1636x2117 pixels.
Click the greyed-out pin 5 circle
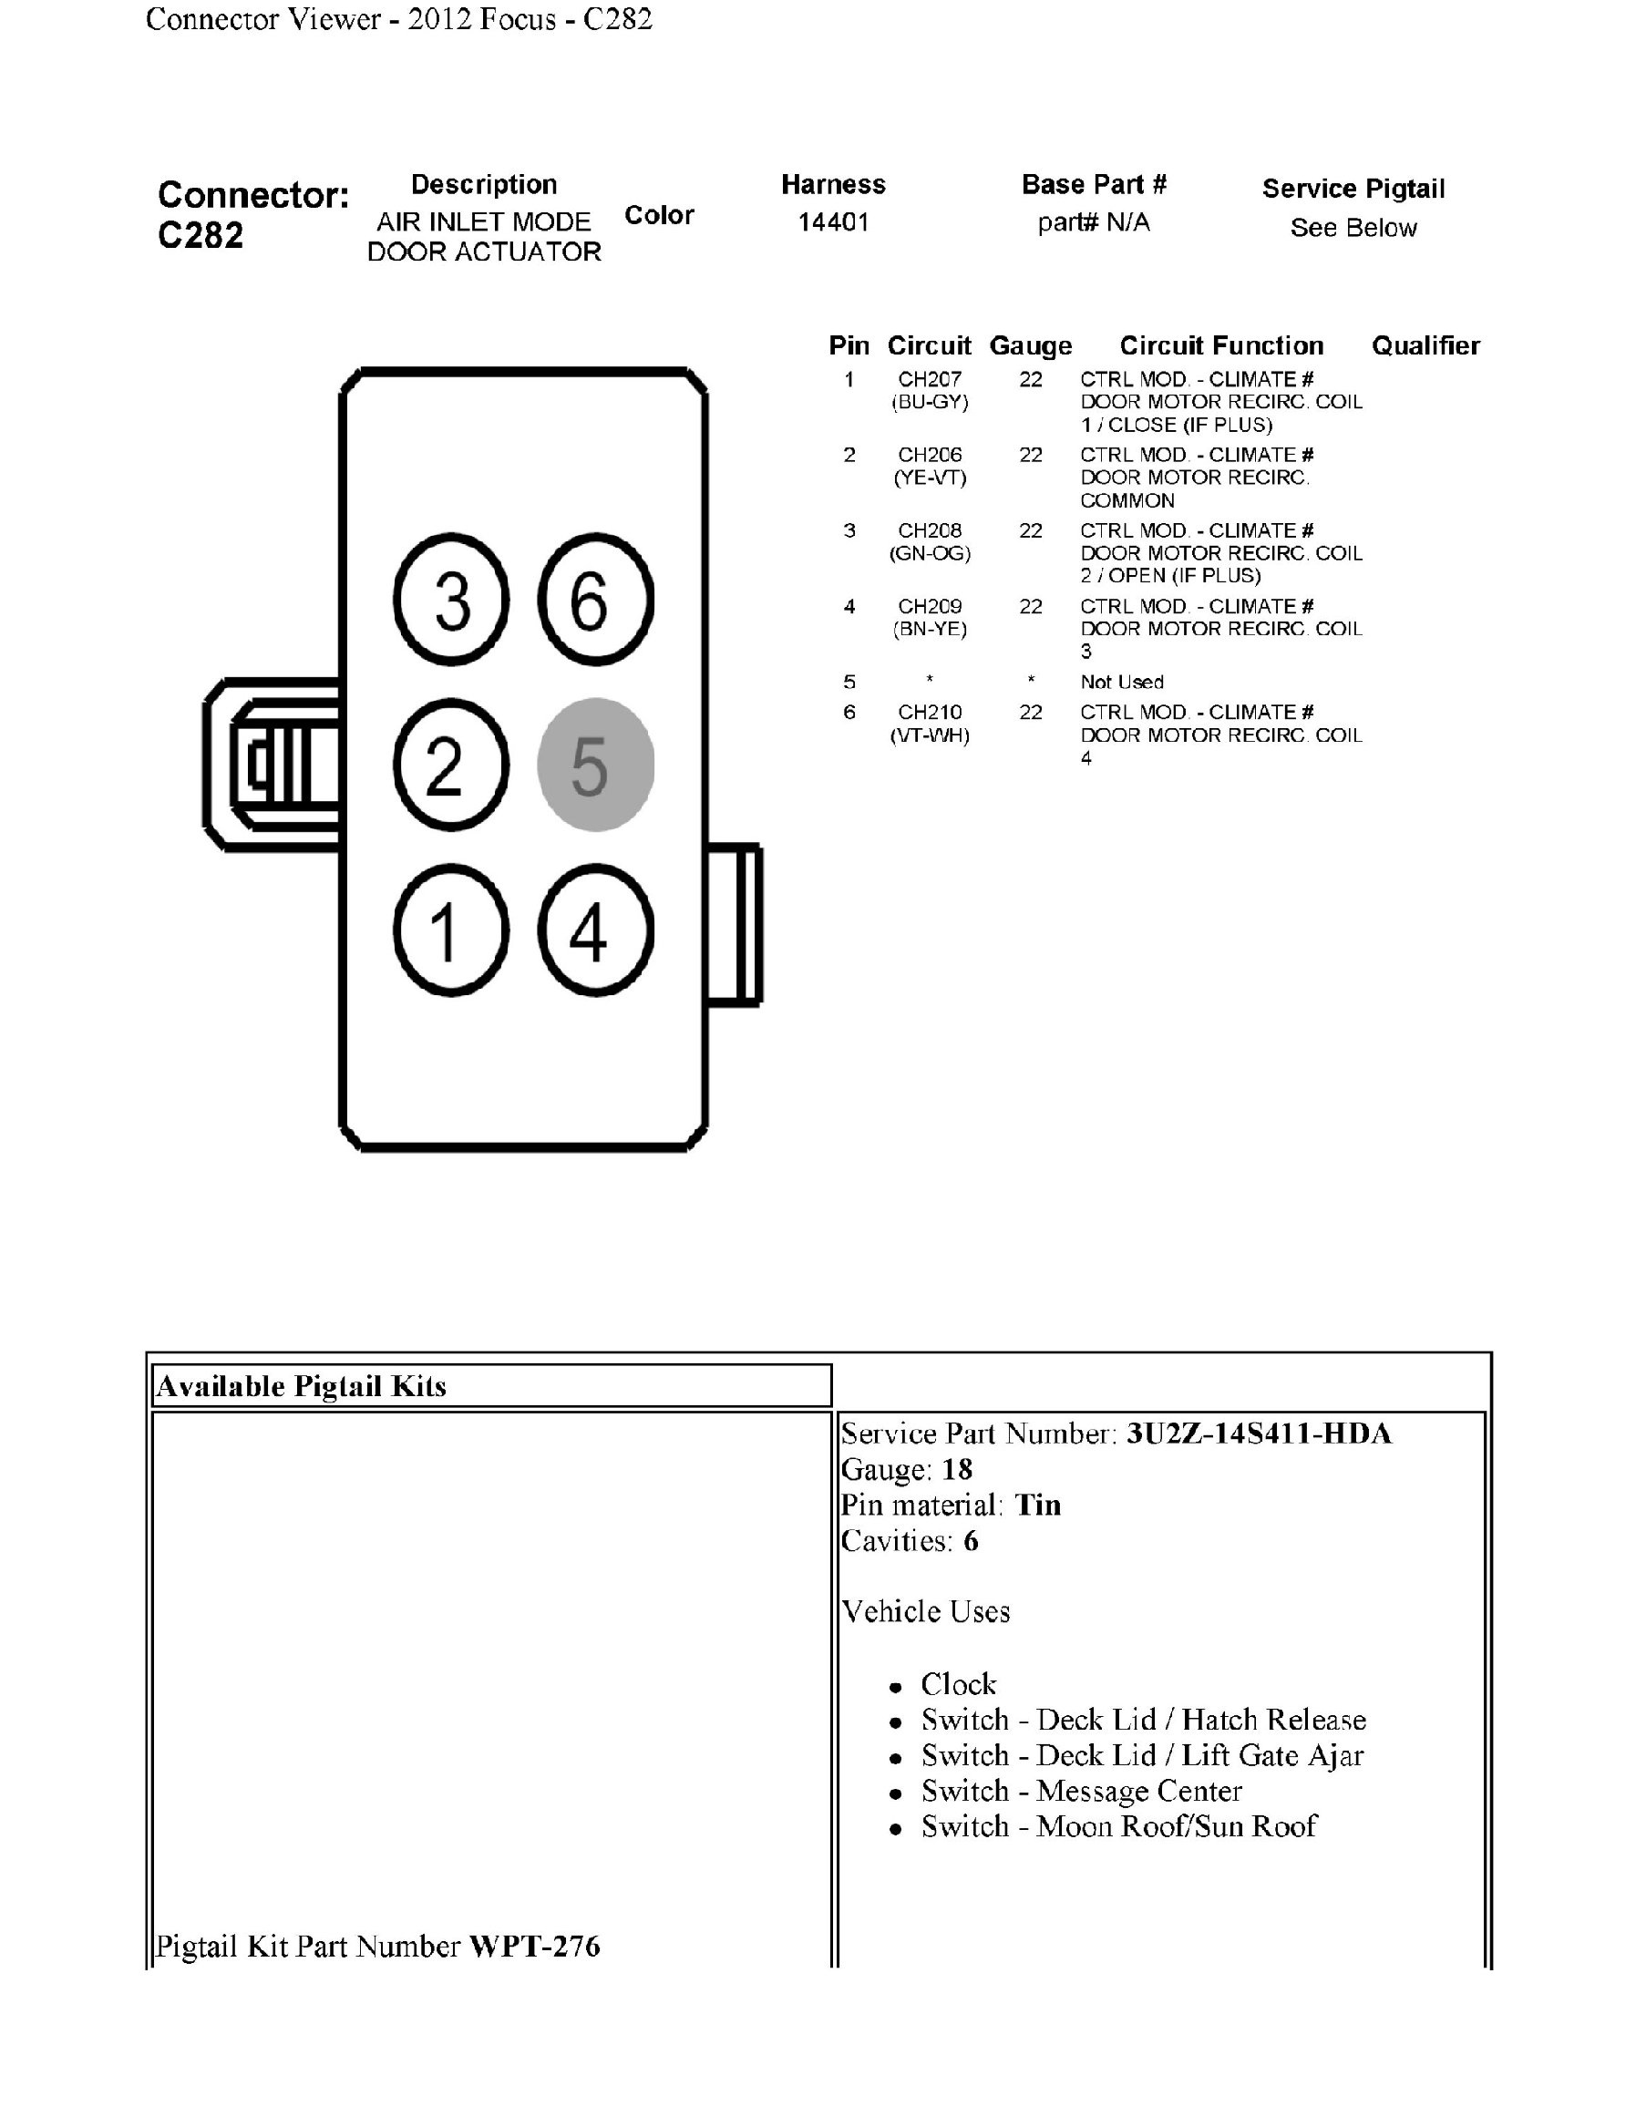tap(595, 765)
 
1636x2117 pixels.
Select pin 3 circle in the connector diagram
tap(452, 599)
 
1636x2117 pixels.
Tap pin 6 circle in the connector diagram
tap(595, 599)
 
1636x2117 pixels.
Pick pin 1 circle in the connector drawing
tap(452, 930)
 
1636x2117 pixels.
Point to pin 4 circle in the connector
tap(595, 930)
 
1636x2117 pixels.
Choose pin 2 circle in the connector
tap(452, 765)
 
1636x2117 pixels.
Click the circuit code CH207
tap(930, 379)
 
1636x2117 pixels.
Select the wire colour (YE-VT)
tap(930, 477)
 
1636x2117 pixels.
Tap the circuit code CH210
tap(930, 712)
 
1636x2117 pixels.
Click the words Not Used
tap(1121, 682)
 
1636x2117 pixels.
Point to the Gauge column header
tap(1030, 346)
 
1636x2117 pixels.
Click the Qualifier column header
tap(1425, 346)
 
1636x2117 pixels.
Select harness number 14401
tap(832, 222)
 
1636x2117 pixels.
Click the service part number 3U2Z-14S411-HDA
tap(1258, 1434)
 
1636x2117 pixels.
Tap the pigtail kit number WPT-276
tap(534, 1947)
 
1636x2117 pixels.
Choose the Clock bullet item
tap(958, 1684)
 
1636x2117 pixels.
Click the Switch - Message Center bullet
tap(1081, 1791)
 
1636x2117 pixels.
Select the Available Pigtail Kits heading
tap(302, 1386)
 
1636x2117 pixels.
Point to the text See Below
tap(1353, 228)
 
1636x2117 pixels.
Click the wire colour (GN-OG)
tap(930, 552)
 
